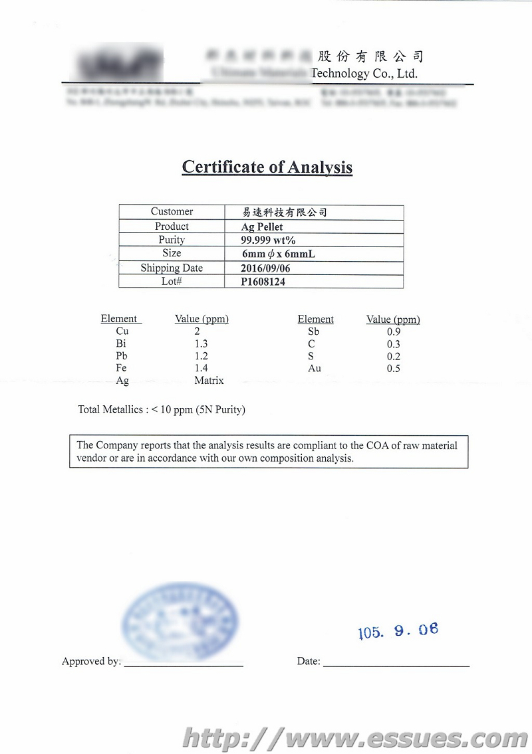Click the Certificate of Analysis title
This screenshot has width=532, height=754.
tap(267, 167)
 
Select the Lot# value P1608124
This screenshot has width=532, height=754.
tap(264, 282)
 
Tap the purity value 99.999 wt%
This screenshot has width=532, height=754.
tap(268, 240)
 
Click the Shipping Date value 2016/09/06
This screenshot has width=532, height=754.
tap(265, 268)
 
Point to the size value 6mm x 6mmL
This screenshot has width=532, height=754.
tap(278, 254)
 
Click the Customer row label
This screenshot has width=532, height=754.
tap(172, 212)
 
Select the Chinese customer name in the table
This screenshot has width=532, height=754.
tap(285, 213)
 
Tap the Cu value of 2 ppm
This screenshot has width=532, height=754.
tap(197, 331)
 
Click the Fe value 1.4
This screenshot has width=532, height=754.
tap(201, 368)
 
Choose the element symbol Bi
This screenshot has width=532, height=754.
tap(120, 343)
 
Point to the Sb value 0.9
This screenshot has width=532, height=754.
tap(393, 331)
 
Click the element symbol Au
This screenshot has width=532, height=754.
tap(314, 368)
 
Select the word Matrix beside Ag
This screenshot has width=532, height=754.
tap(209, 381)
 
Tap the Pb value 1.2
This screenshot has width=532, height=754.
tap(201, 356)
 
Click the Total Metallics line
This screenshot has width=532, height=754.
tap(162, 410)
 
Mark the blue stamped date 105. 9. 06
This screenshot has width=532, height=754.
tap(398, 630)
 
